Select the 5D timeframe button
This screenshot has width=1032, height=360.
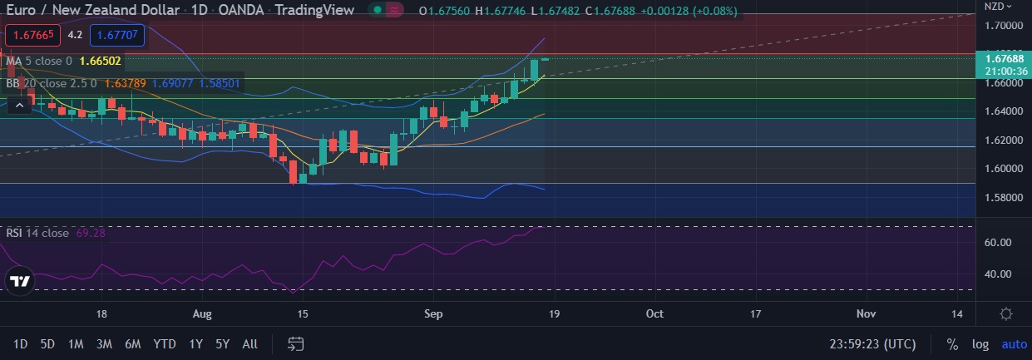tap(47, 344)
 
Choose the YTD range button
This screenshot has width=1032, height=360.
tap(164, 344)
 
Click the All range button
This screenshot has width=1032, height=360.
tap(249, 344)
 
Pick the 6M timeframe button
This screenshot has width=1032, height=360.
tap(132, 344)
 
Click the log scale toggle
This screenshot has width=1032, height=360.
tap(981, 344)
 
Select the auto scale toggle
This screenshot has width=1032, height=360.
tap(1014, 344)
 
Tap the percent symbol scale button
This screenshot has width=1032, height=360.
tap(952, 344)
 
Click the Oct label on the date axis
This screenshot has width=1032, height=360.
tap(654, 314)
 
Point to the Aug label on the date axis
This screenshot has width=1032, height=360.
tap(202, 314)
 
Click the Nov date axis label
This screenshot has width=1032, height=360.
tap(867, 314)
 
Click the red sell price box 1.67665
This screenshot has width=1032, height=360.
tap(33, 35)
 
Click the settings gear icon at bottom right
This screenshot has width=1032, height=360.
tap(1006, 314)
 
